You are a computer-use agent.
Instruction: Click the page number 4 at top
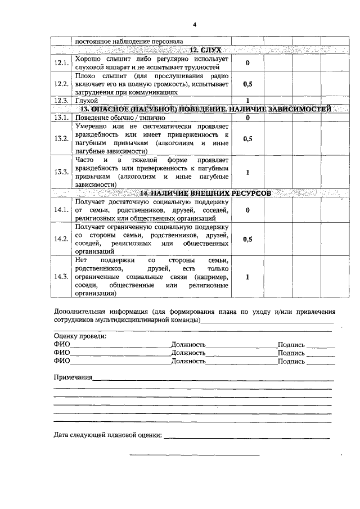[194, 25]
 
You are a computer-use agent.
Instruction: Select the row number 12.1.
[61, 63]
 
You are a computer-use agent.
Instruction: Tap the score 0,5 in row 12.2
[247, 84]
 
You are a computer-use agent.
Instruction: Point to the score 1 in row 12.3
[247, 100]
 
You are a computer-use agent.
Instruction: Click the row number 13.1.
[61, 118]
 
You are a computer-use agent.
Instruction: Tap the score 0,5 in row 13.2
[247, 138]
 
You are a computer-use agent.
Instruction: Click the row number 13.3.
[61, 172]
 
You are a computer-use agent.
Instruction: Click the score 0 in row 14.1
[247, 210]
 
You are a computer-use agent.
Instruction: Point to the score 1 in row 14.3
[247, 277]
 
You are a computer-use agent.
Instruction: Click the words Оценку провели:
[79, 336]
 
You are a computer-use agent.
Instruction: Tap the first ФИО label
[62, 344]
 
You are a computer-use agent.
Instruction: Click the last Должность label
[188, 361]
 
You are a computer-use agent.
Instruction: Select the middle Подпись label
[291, 353]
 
